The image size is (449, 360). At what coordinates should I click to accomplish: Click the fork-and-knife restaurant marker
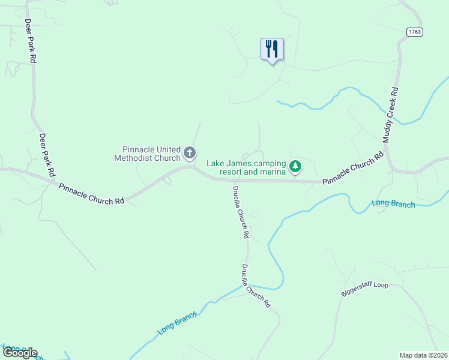click(272, 49)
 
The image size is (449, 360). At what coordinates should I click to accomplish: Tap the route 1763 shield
click(414, 32)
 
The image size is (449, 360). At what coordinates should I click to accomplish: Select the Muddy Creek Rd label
click(391, 115)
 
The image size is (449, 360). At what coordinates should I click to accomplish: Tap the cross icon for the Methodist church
click(190, 153)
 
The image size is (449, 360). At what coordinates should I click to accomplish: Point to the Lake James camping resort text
click(246, 167)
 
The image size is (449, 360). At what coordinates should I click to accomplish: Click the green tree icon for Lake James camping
click(295, 166)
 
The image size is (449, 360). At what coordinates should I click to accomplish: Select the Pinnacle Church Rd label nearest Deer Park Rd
click(91, 194)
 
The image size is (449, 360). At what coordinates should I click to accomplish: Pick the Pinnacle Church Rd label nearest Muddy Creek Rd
click(352, 169)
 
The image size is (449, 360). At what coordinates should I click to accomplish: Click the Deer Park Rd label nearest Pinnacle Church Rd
click(47, 155)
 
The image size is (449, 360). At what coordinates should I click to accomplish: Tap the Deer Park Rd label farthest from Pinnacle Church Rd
click(31, 40)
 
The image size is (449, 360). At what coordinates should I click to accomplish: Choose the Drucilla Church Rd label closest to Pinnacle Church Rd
click(240, 212)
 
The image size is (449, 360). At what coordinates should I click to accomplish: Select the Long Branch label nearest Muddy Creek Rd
click(393, 203)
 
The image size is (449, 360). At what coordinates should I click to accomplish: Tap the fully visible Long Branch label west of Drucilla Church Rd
click(178, 323)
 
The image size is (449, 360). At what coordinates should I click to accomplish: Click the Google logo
click(20, 353)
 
